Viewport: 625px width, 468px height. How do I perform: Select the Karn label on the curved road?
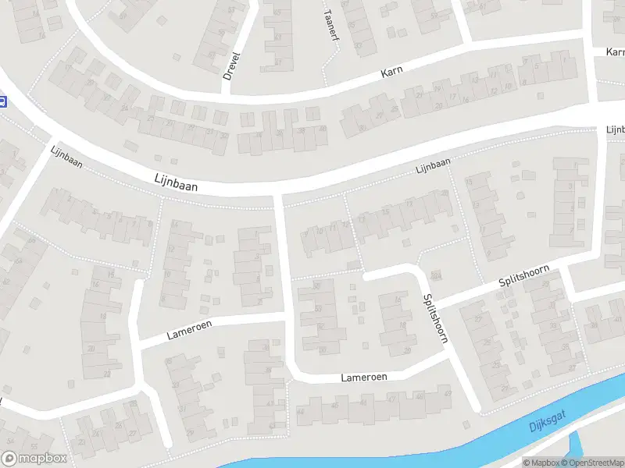tap(391, 73)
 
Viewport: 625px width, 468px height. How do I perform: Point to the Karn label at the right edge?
tap(614, 51)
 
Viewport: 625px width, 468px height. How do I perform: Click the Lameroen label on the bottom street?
tap(364, 378)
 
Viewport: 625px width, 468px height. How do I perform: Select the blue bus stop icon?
tap(3, 101)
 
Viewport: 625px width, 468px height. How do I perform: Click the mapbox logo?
tap(34, 459)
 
